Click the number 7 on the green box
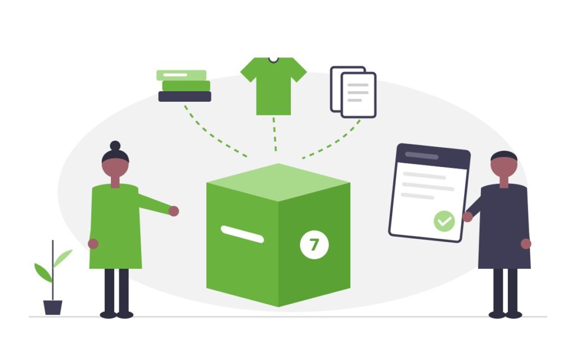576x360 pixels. (x=314, y=245)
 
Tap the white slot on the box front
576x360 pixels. (x=242, y=235)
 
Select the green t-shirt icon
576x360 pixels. (x=273, y=86)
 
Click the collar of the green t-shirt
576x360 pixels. (x=273, y=60)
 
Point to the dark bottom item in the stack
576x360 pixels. (x=184, y=96)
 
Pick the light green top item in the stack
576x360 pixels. (x=182, y=75)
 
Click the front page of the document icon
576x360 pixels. (x=358, y=94)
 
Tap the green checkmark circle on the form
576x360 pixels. (x=444, y=221)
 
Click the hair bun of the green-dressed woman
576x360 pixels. (x=115, y=146)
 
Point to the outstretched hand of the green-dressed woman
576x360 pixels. (x=174, y=211)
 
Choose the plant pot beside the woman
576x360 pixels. (x=53, y=308)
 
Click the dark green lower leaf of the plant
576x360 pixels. (x=43, y=273)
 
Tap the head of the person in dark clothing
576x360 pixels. (x=504, y=164)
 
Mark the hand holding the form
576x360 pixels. (x=467, y=217)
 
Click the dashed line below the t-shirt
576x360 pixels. (x=274, y=134)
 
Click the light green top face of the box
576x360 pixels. (x=278, y=182)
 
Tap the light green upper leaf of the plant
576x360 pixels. (x=63, y=258)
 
